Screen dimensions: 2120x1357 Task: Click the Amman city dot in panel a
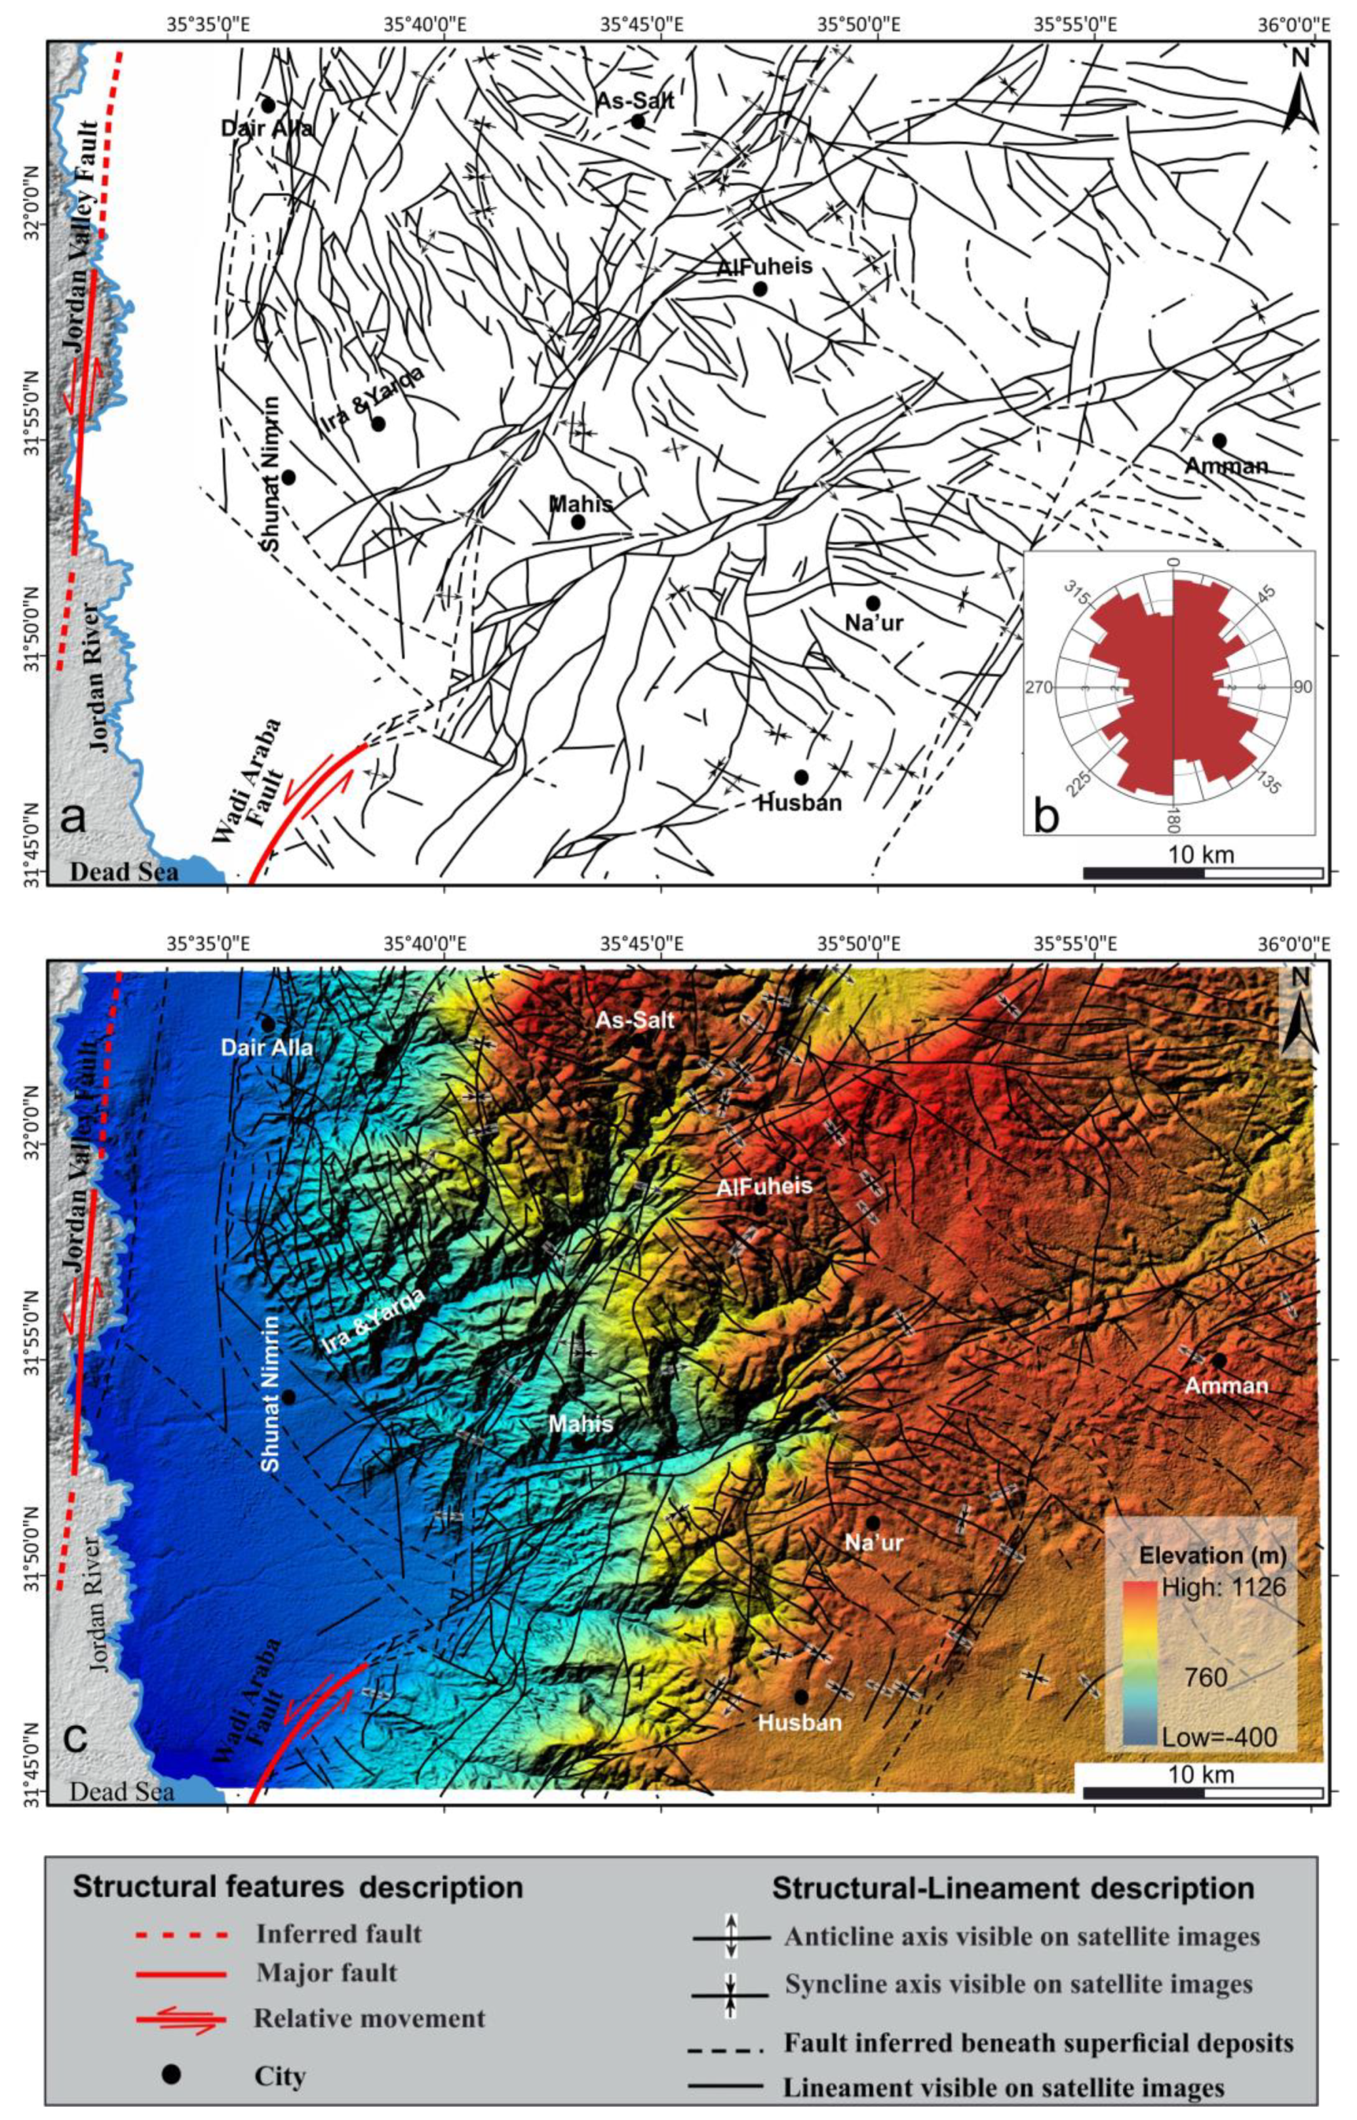click(1219, 441)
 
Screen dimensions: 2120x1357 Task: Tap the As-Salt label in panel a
click(635, 100)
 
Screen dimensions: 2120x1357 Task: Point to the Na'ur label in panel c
click(873, 1543)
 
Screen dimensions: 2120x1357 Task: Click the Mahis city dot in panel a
click(578, 521)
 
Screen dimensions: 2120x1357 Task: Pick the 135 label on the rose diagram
click(1269, 784)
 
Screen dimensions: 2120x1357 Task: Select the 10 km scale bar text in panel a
click(1201, 854)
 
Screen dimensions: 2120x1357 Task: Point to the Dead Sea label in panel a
click(125, 872)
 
